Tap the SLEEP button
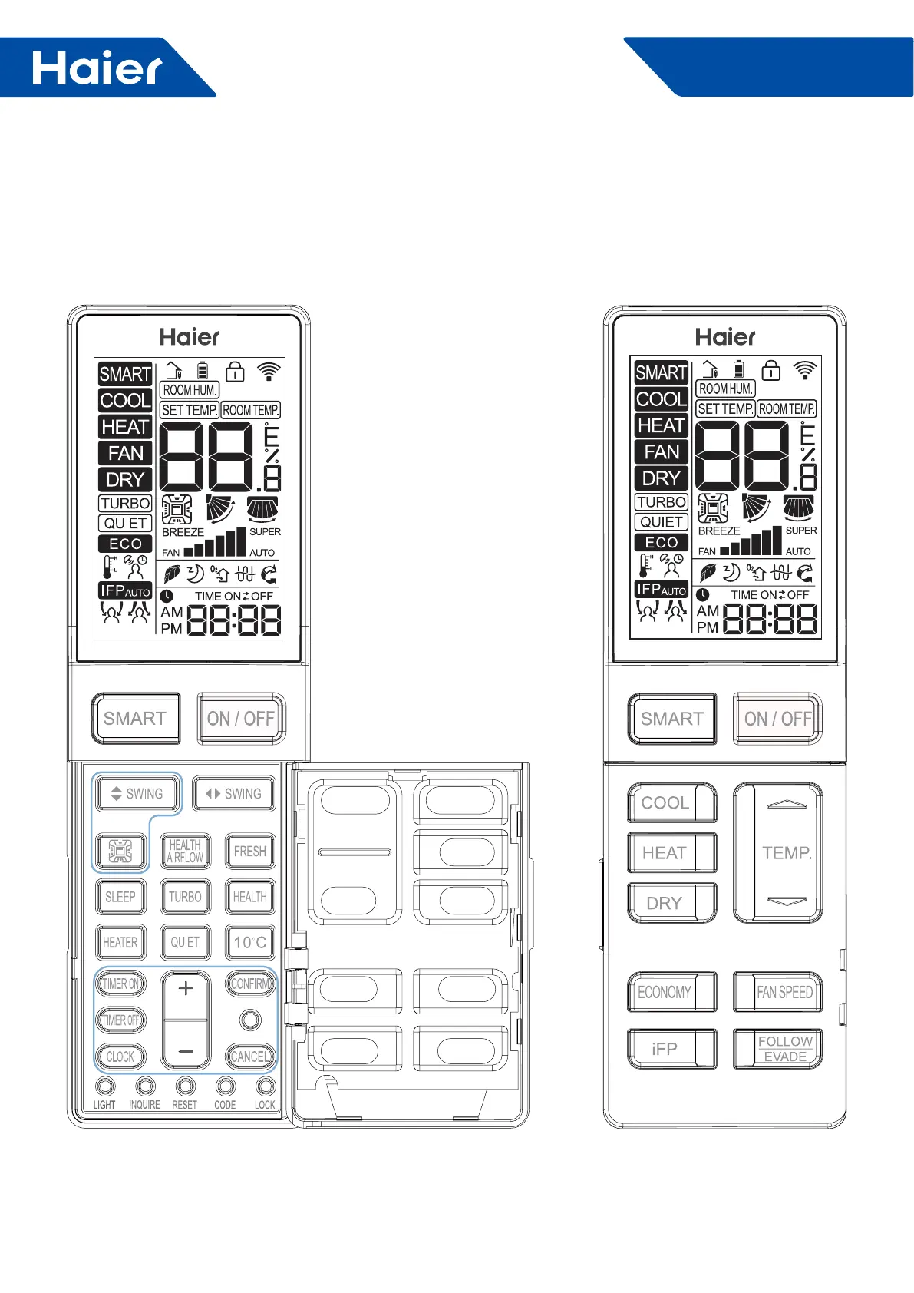click(120, 897)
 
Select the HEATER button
click(120, 942)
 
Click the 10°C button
click(250, 942)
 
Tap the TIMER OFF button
click(120, 1020)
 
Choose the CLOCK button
click(120, 1057)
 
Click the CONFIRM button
click(250, 984)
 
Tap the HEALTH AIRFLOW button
click(185, 851)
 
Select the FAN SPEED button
click(777, 992)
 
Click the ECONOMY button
click(671, 992)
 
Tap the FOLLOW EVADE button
click(777, 1049)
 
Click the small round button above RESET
click(185, 1086)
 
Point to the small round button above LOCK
click(266, 1086)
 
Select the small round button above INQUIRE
click(145, 1086)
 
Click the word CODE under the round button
click(225, 1105)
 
